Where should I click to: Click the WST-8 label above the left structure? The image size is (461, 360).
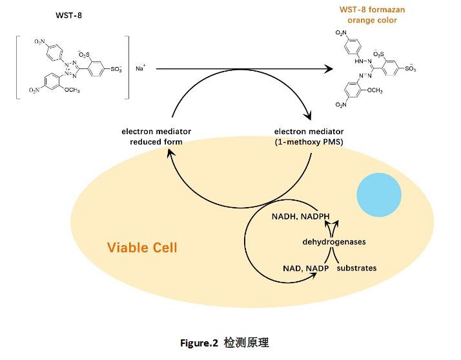coord(68,15)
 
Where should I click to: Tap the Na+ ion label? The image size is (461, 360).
coord(140,68)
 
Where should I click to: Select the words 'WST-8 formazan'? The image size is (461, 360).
coord(372,10)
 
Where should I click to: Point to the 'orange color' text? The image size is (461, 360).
coord(372,20)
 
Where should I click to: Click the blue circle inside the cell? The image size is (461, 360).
coord(379,195)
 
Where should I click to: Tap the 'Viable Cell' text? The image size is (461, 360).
coord(142,248)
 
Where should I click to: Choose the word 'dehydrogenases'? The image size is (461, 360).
coord(334,242)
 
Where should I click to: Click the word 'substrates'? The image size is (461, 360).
coord(356,268)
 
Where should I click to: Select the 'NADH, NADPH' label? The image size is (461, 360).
coord(300,217)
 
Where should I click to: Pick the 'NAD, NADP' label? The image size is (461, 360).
coord(305,268)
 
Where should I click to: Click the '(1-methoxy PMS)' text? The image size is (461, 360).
coord(309,142)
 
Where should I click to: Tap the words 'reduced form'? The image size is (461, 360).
coord(156,142)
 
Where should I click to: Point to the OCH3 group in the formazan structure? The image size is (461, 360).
coord(374,90)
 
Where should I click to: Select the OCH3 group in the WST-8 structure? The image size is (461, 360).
coord(72,90)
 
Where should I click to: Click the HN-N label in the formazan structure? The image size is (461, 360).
coord(363,61)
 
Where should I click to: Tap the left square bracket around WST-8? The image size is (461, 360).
coord(17,67)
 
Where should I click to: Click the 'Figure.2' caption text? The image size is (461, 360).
coord(199,343)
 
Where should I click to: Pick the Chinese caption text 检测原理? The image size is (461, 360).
coord(246,343)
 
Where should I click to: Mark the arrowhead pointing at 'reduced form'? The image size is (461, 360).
coord(170,153)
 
